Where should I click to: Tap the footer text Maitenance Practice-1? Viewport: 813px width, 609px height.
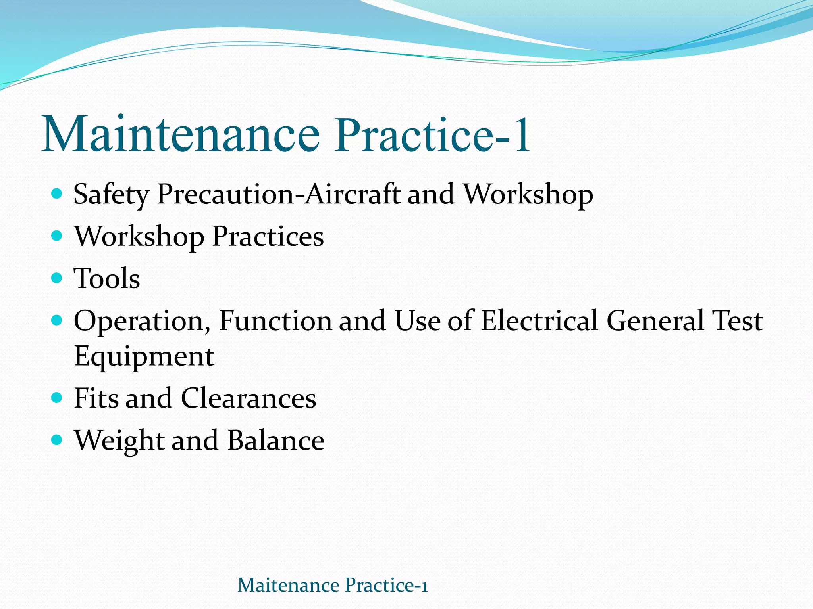(332, 585)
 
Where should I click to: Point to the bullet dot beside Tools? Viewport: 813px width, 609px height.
(57, 277)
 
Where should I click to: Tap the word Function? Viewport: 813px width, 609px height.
(275, 320)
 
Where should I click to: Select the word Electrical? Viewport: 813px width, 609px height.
(539, 320)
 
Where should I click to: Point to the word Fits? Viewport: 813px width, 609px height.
(96, 398)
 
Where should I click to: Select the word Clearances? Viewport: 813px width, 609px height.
(249, 398)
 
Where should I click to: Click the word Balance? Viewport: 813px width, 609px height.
(276, 440)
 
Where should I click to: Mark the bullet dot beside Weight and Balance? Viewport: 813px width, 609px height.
(57, 439)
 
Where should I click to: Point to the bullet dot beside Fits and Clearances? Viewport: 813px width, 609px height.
(57, 397)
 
